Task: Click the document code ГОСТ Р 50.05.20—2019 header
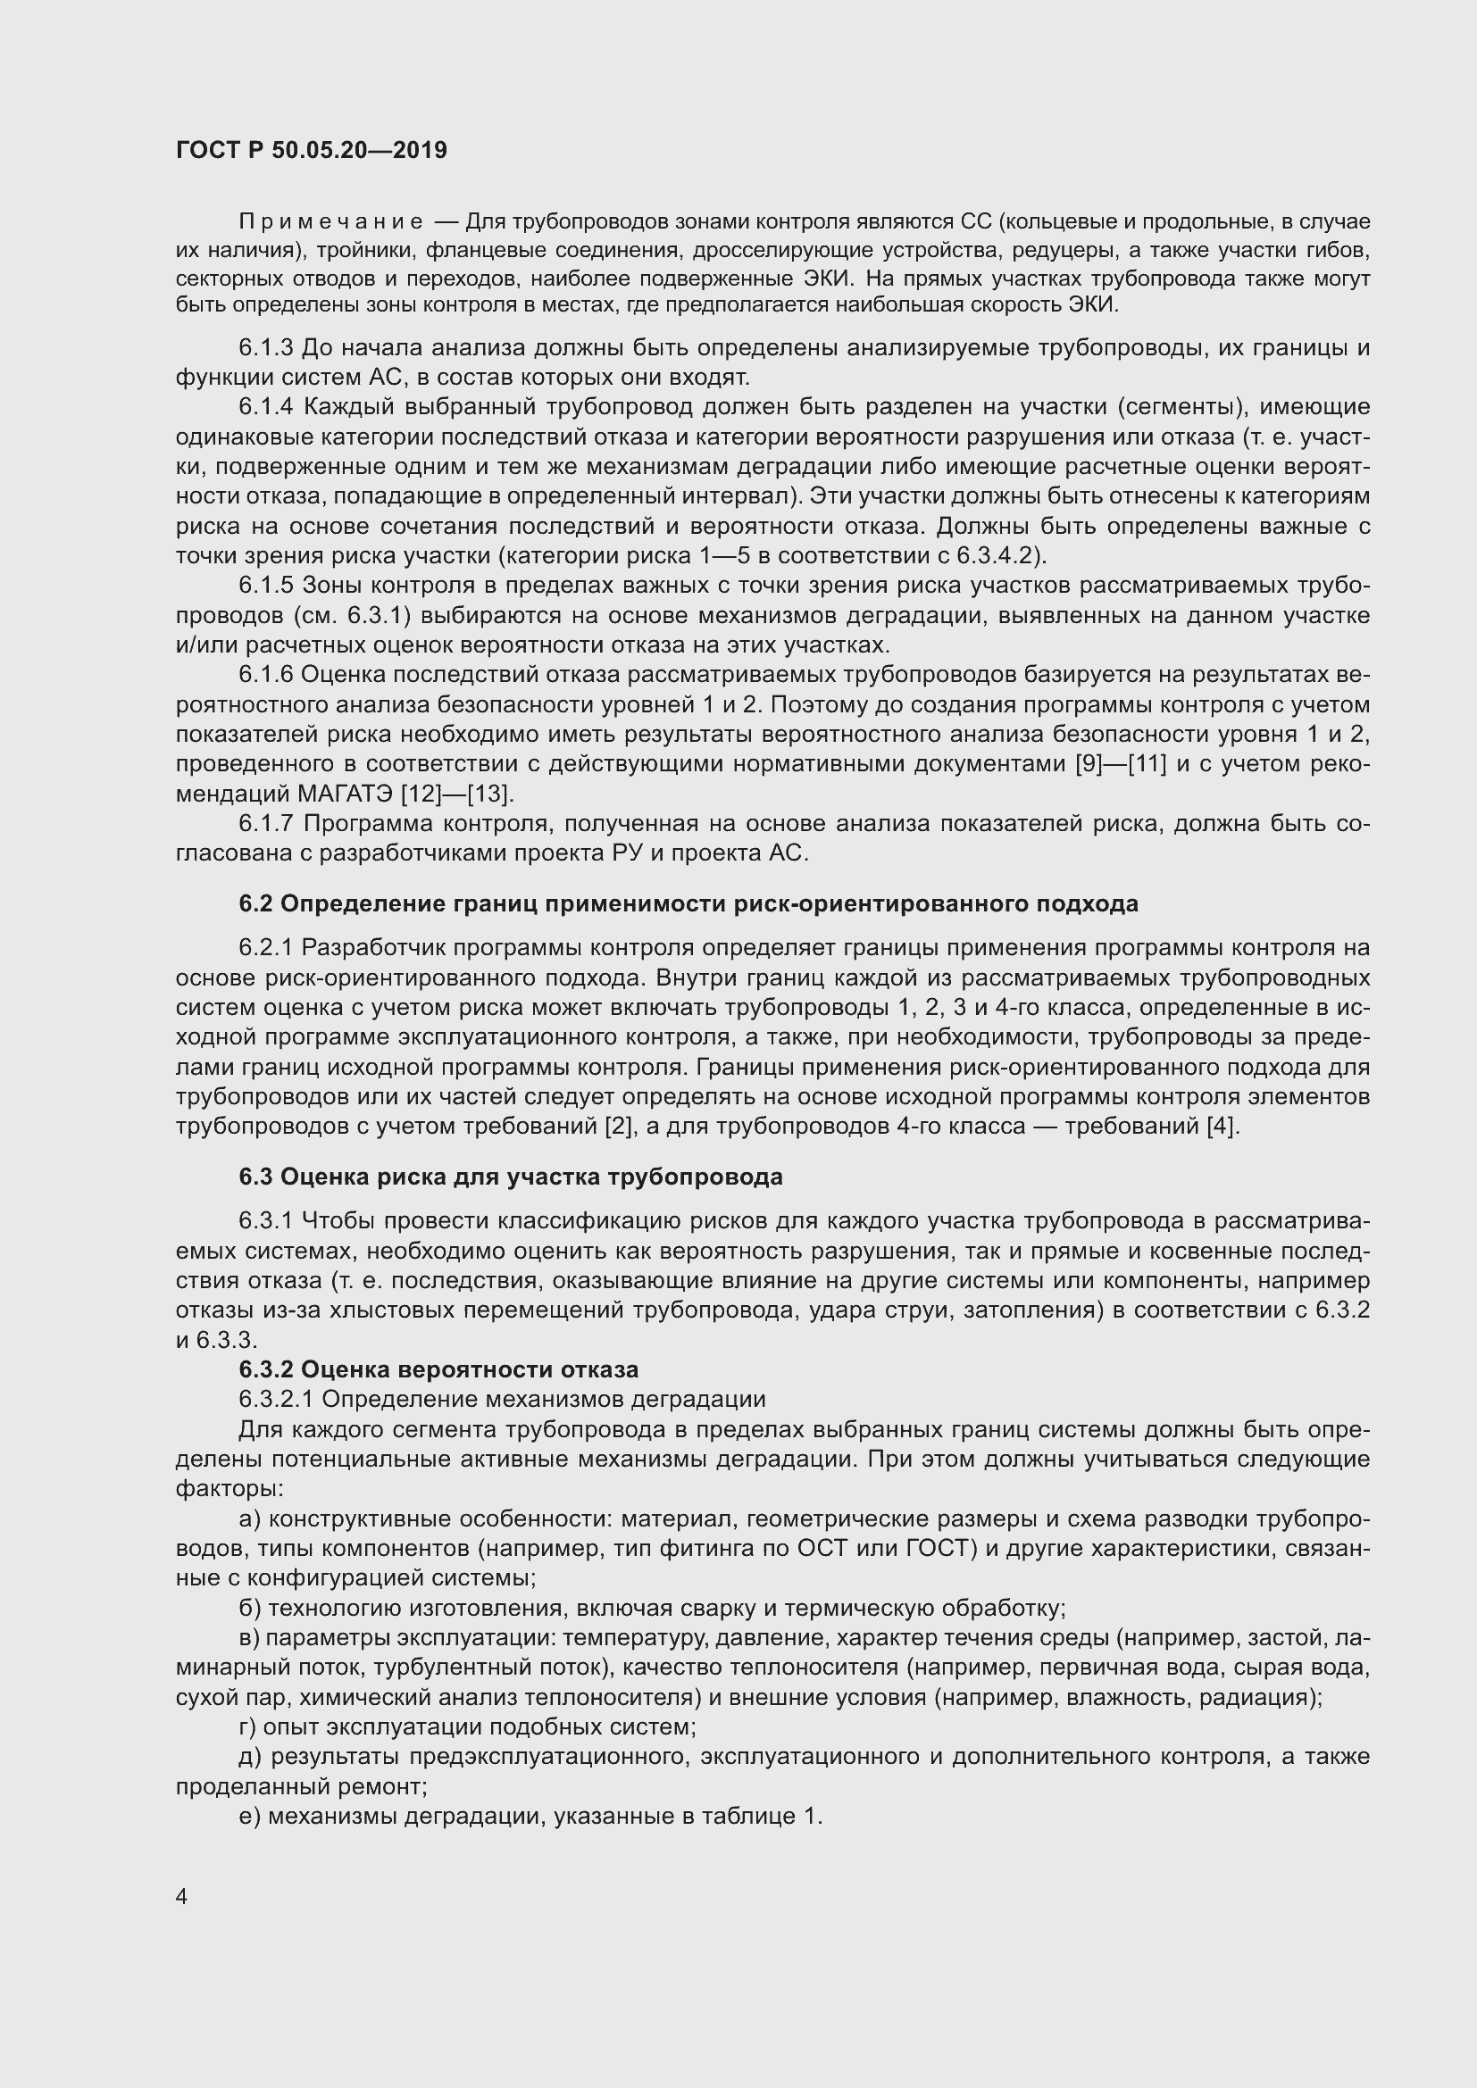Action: pos(311,150)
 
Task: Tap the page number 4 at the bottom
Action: pos(182,1896)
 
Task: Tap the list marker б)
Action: pos(249,1609)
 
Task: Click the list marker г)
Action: pos(247,1727)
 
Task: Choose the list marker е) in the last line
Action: pos(249,1817)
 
